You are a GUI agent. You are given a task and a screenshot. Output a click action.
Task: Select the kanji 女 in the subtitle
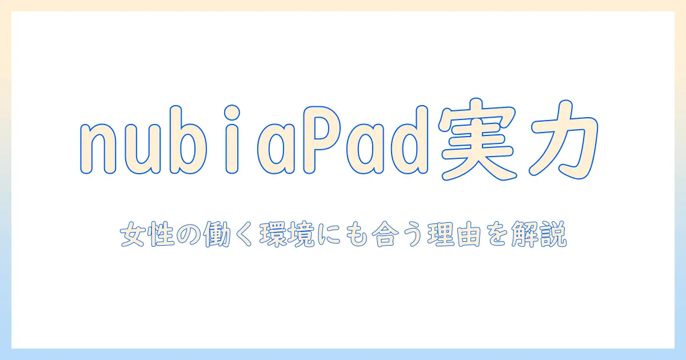point(131,236)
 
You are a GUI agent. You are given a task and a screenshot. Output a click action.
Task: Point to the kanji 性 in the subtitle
point(159,236)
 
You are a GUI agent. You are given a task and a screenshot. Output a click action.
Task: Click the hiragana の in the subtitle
point(188,236)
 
